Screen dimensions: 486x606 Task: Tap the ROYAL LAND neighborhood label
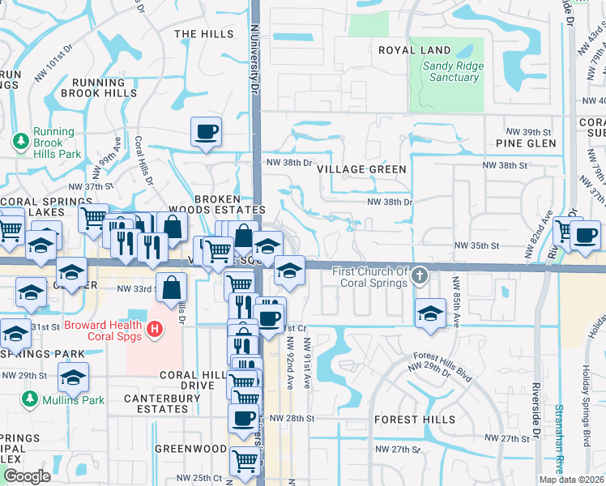pyautogui.click(x=414, y=50)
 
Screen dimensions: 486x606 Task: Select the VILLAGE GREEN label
pyautogui.click(x=361, y=169)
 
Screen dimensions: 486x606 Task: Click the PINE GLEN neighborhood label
pyautogui.click(x=526, y=143)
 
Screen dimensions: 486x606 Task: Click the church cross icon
pyautogui.click(x=419, y=275)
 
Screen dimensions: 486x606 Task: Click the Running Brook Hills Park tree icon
pyautogui.click(x=20, y=142)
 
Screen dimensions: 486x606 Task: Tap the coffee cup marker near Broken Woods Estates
pyautogui.click(x=207, y=131)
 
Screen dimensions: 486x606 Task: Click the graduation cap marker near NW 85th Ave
pyautogui.click(x=430, y=313)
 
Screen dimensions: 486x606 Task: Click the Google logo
pyautogui.click(x=27, y=476)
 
